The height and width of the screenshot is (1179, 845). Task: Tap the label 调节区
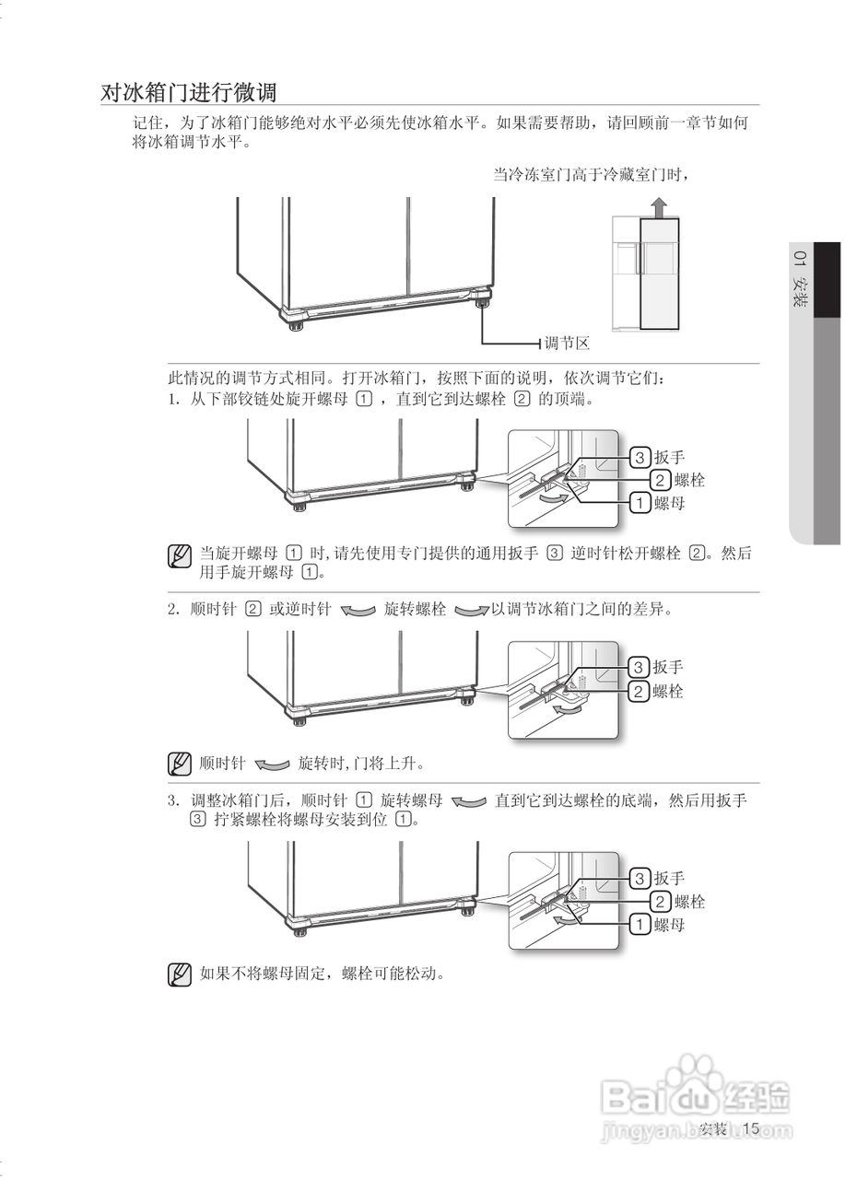point(566,344)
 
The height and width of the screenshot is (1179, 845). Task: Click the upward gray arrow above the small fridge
point(656,207)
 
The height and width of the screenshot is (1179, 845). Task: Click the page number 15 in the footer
point(750,1128)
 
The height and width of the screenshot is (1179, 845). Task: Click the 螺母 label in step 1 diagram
point(669,503)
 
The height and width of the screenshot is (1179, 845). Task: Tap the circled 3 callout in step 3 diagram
point(640,877)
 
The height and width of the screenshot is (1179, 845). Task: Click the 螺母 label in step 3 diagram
point(669,924)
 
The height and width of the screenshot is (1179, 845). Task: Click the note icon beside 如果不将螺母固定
point(180,975)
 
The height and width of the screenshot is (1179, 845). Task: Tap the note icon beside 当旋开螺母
point(180,555)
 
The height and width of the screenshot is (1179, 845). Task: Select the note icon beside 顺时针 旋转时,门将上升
point(180,764)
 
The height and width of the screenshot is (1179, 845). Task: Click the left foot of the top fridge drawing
point(297,323)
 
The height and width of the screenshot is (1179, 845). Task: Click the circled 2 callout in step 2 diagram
point(640,692)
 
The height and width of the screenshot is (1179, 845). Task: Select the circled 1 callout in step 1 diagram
point(640,503)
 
